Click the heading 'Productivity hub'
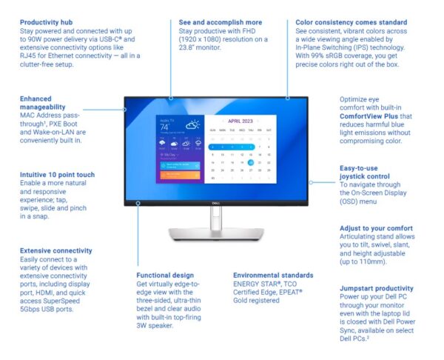coord(47,23)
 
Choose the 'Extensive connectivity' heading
coord(56,251)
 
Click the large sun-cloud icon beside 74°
coord(192,125)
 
